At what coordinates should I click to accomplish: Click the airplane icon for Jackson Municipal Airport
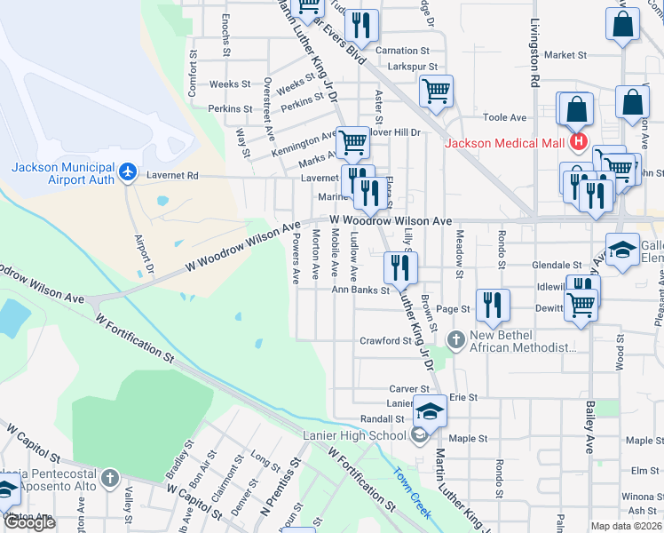click(x=130, y=171)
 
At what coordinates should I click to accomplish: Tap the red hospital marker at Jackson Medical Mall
click(x=579, y=142)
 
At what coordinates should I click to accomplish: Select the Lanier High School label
click(x=354, y=435)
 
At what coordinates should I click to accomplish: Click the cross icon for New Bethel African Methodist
click(x=455, y=339)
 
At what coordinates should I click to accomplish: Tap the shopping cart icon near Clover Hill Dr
click(x=436, y=92)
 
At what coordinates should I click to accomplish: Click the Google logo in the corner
click(x=29, y=522)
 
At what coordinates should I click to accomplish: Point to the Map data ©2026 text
click(x=626, y=526)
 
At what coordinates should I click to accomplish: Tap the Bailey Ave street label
click(x=589, y=426)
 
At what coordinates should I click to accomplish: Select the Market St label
click(x=565, y=54)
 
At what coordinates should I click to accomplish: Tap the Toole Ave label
click(x=504, y=116)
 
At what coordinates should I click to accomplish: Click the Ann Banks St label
click(x=360, y=290)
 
